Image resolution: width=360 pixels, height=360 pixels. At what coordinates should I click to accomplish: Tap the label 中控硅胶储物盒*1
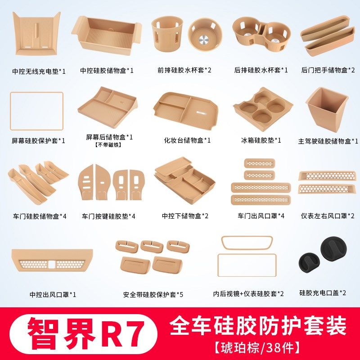coord(107,70)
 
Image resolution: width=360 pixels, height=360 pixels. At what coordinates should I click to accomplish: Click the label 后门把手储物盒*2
coord(328,70)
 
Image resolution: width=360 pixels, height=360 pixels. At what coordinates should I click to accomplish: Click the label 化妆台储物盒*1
coord(187,140)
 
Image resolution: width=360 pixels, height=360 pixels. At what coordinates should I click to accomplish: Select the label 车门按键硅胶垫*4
coord(108,216)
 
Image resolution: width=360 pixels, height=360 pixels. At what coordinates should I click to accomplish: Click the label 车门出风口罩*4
coord(261,216)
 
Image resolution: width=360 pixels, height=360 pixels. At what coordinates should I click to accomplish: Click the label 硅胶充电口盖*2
coord(323,292)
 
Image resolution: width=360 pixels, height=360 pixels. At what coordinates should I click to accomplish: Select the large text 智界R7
coord(85,331)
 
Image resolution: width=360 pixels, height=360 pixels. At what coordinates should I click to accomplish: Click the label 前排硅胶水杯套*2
coord(184,70)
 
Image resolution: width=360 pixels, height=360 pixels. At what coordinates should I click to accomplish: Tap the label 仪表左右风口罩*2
coord(328,216)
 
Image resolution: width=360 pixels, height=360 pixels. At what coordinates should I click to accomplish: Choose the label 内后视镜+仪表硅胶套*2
coord(248,294)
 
